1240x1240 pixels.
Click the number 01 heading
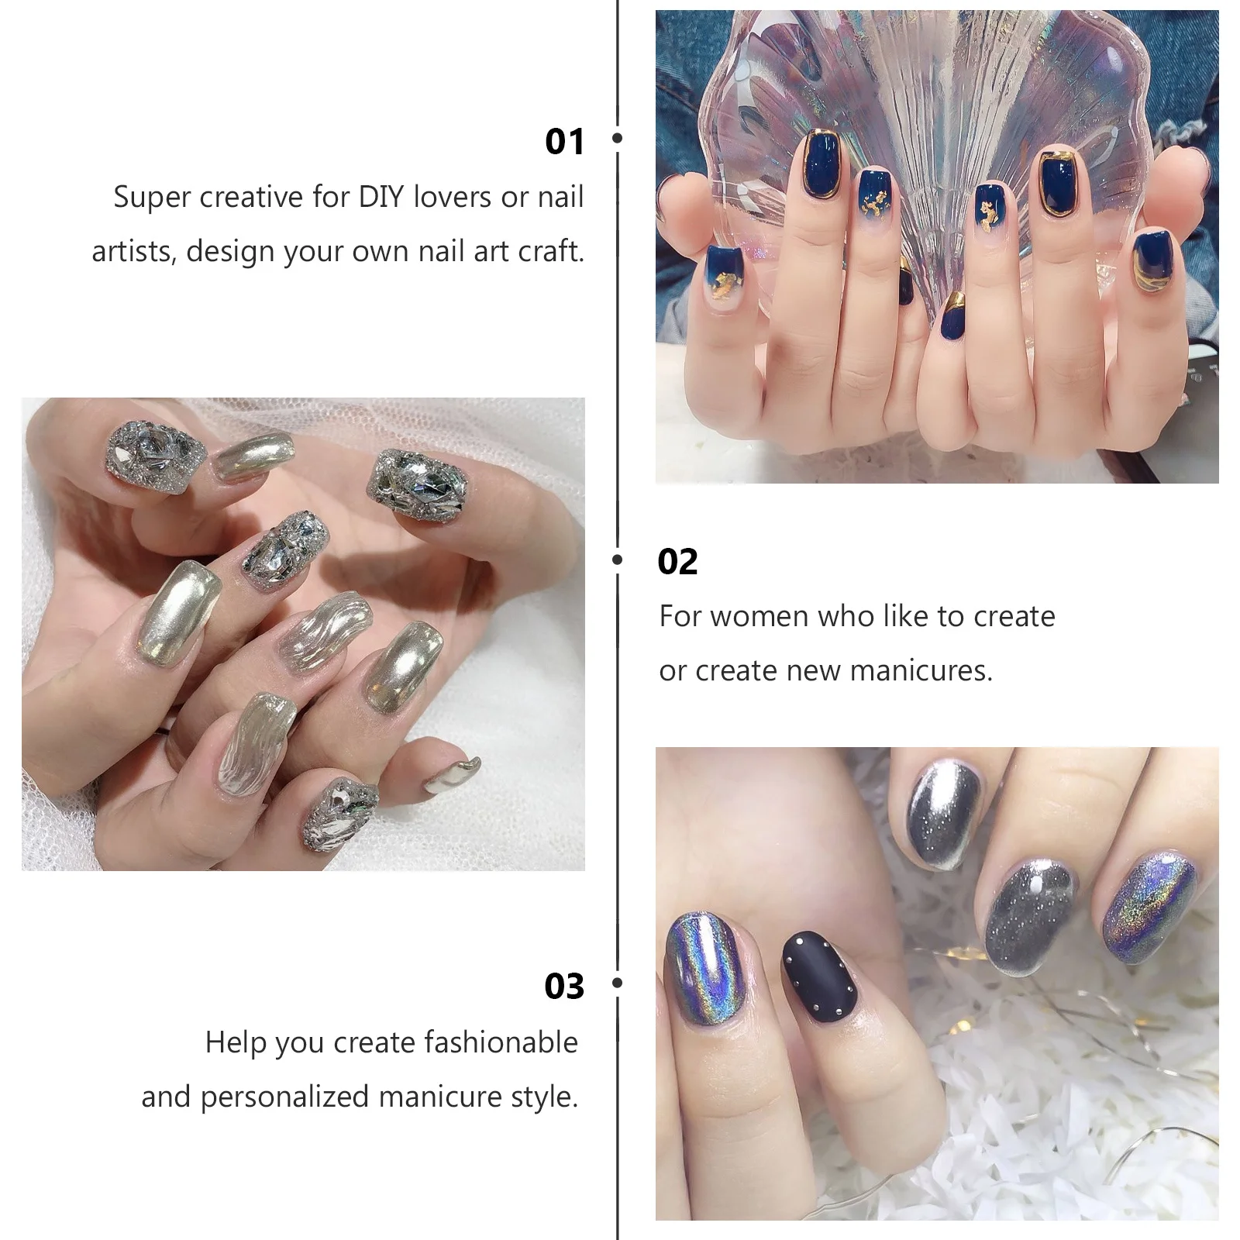563,142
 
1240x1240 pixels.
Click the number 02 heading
677,563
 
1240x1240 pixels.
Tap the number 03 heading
563,987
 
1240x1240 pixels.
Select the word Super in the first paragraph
153,198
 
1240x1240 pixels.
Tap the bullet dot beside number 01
618,138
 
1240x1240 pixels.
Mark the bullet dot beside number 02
618,559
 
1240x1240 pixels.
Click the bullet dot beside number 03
618,983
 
